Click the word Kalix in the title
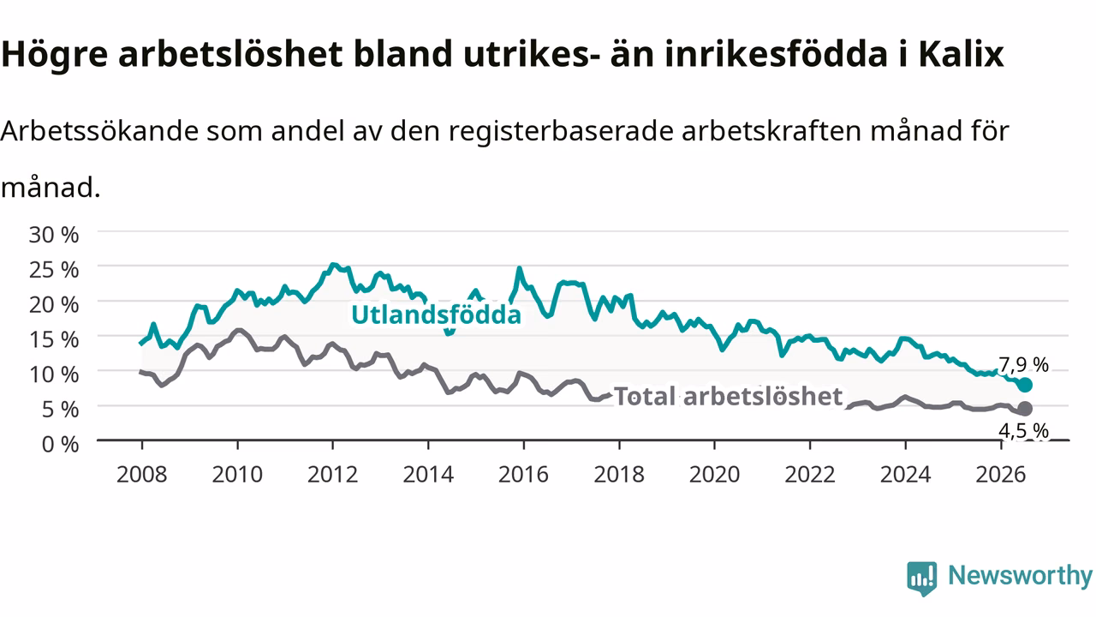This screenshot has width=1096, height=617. [x=961, y=53]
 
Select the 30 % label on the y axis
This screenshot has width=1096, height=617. [x=54, y=235]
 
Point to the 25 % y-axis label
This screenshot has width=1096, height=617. [x=54, y=270]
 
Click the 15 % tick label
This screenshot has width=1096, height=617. [x=54, y=339]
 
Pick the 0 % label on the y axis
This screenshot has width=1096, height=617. [x=60, y=444]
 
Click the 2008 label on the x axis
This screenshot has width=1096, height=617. [x=142, y=475]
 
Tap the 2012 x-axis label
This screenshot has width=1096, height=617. [x=333, y=475]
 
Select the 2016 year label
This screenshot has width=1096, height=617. [x=523, y=475]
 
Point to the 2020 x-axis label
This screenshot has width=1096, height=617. [x=714, y=475]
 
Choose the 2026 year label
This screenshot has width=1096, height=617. [x=1001, y=475]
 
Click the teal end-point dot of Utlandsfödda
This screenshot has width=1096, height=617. [x=1025, y=385]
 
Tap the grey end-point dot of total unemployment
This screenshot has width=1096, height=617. [x=1025, y=409]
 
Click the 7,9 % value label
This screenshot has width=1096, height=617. [x=1023, y=365]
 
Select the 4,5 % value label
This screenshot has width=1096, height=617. [x=1023, y=431]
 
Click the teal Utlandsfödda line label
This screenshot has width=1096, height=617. [x=436, y=314]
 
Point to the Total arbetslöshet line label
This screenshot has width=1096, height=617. [x=728, y=396]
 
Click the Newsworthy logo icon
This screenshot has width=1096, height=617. [x=922, y=578]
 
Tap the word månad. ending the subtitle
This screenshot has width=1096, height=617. [x=51, y=188]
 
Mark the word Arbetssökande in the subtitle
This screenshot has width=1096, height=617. [x=100, y=131]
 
